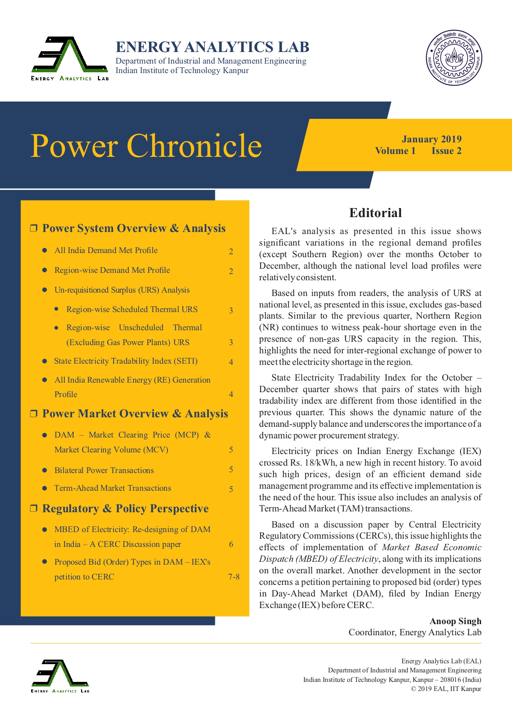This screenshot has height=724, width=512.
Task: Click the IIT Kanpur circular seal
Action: (454, 58)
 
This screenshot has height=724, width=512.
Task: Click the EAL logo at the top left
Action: (70, 58)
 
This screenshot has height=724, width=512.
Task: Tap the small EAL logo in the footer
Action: (60, 676)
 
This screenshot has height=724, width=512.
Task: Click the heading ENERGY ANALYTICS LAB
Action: (212, 47)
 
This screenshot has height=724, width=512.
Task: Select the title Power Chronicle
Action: (146, 146)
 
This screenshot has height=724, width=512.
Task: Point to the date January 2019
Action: (432, 139)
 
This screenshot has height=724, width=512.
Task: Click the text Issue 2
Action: (446, 151)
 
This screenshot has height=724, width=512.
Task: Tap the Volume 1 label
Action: (395, 151)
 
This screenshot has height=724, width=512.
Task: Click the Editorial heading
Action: (375, 213)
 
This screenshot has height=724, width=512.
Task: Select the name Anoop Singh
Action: (455, 621)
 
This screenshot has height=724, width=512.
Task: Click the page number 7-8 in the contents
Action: (234, 577)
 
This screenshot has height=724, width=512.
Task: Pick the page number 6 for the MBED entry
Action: (231, 544)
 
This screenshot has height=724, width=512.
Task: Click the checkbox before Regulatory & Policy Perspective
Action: (34, 509)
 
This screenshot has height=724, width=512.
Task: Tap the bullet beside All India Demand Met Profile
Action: (45, 251)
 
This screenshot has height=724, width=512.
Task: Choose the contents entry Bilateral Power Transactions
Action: (104, 470)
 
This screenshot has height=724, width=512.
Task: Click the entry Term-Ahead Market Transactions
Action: (113, 488)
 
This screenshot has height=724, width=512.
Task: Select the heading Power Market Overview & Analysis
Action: (135, 414)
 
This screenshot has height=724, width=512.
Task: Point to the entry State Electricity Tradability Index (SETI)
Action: (126, 361)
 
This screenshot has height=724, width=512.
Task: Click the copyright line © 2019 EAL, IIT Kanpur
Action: (446, 689)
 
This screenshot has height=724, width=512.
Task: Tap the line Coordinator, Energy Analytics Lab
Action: (415, 632)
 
